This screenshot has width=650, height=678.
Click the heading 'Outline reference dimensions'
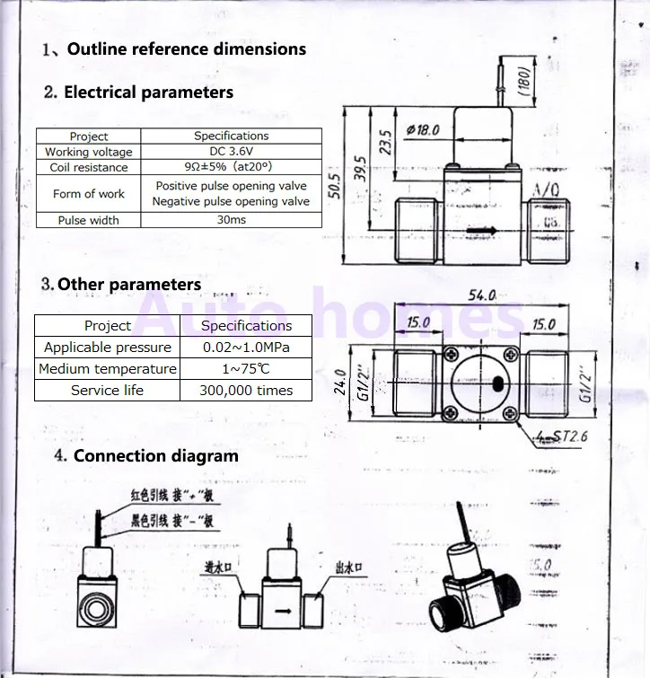click(186, 49)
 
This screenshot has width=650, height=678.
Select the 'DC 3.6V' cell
click(231, 152)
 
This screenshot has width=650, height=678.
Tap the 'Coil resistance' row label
click(89, 167)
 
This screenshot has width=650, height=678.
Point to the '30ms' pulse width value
click(231, 220)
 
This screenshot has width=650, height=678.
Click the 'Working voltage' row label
click(89, 152)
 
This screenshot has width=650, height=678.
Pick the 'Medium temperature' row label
click(107, 369)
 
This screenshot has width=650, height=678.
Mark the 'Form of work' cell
click(89, 194)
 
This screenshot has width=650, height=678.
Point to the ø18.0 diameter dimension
click(423, 130)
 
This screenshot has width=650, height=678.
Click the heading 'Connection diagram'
click(155, 455)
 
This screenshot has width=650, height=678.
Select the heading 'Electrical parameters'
click(148, 92)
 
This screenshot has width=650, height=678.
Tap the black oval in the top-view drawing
click(496, 385)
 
